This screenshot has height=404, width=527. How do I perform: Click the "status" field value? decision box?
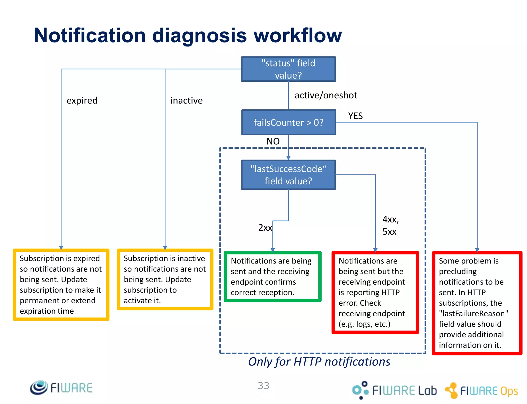tap(288, 69)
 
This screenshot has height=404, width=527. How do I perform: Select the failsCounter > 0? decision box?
tap(288, 123)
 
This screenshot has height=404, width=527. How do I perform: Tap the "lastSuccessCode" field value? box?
tap(288, 175)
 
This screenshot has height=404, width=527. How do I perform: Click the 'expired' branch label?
tap(82, 100)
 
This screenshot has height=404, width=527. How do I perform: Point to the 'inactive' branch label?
tap(186, 100)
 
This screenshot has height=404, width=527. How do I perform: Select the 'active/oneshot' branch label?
tap(326, 95)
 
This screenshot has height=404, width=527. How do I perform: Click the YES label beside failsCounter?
tap(355, 116)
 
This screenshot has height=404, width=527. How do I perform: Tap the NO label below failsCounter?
tap(273, 141)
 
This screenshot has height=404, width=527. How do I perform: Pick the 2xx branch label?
tap(265, 228)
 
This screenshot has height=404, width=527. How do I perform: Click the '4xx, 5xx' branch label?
tap(390, 226)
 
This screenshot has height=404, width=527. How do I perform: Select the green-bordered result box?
tap(273, 277)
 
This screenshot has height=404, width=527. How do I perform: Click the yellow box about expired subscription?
tap(61, 285)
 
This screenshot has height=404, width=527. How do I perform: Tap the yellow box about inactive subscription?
tap(165, 279)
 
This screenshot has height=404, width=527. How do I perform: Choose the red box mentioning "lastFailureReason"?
tap(477, 303)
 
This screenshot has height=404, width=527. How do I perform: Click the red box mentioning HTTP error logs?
tap(375, 292)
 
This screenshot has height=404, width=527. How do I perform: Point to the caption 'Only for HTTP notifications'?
tap(319, 362)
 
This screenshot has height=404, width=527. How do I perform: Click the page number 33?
tap(263, 386)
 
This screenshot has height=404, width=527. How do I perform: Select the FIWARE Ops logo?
tap(481, 391)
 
